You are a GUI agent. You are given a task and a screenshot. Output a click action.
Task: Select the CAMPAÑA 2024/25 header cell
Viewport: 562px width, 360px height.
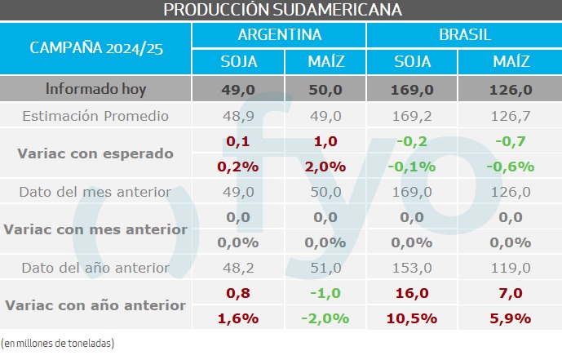click(96, 48)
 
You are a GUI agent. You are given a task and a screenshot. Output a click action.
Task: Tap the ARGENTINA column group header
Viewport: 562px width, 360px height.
click(279, 35)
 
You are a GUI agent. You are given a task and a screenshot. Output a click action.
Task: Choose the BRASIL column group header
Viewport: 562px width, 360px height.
click(462, 35)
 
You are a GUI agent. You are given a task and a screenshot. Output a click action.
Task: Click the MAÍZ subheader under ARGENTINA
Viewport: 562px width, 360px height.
click(325, 62)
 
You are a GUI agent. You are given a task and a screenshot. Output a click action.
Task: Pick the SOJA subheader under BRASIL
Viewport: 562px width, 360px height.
click(413, 62)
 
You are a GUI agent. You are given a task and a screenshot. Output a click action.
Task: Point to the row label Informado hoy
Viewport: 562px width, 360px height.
click(95, 89)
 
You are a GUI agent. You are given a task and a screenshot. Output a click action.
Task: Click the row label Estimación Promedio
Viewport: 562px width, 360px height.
click(95, 116)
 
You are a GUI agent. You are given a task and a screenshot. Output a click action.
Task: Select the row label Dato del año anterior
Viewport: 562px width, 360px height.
click(95, 268)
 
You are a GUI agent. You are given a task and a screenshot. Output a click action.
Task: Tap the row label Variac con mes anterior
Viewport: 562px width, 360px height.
click(95, 230)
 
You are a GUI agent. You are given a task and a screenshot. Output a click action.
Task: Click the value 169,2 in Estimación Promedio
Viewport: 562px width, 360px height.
click(413, 116)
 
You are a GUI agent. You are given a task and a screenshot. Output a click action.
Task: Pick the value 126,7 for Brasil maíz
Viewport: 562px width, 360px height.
click(511, 116)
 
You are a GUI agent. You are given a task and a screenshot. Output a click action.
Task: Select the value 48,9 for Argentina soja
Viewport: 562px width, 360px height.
click(238, 116)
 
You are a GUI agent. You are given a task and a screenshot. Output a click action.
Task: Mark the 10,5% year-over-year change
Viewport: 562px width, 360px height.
click(413, 318)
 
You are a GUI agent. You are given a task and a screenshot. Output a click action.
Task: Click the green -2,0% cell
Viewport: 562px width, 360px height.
click(325, 318)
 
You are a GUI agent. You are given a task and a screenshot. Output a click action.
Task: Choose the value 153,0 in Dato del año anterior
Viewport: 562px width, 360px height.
click(413, 268)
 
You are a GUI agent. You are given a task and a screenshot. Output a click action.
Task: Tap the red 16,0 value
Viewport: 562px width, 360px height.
click(413, 293)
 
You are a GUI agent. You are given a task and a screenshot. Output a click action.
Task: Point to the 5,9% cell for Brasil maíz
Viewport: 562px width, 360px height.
click(511, 318)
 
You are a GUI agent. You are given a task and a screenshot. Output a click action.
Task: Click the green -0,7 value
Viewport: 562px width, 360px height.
click(511, 141)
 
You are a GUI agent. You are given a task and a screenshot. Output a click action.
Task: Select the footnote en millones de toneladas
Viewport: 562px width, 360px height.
click(58, 343)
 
